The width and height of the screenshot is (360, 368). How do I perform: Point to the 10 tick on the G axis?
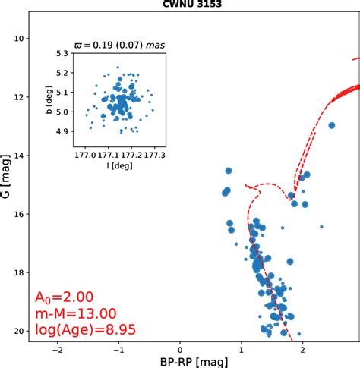pos(21,38)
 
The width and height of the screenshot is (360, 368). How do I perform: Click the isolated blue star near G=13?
pos(331,126)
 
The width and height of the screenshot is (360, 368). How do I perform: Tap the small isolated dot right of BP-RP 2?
pos(321,226)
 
